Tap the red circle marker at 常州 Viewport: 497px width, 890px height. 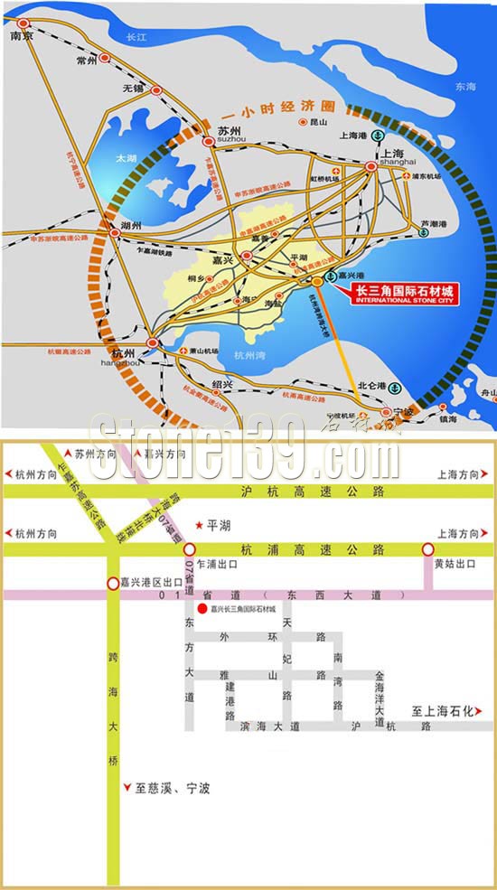pyautogui.click(x=105, y=56)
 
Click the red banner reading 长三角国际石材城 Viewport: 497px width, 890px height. pyautogui.click(x=404, y=291)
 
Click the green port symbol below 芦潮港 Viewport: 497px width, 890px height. pyautogui.click(x=424, y=232)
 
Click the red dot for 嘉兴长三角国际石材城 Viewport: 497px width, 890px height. pyautogui.click(x=202, y=610)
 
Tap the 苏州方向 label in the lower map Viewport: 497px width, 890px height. pyautogui.click(x=96, y=453)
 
